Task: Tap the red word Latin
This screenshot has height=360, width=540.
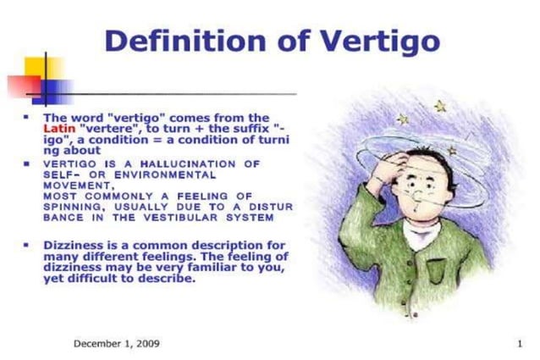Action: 59,129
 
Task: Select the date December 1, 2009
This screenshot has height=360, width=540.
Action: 117,343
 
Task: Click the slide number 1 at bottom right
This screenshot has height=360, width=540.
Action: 519,343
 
